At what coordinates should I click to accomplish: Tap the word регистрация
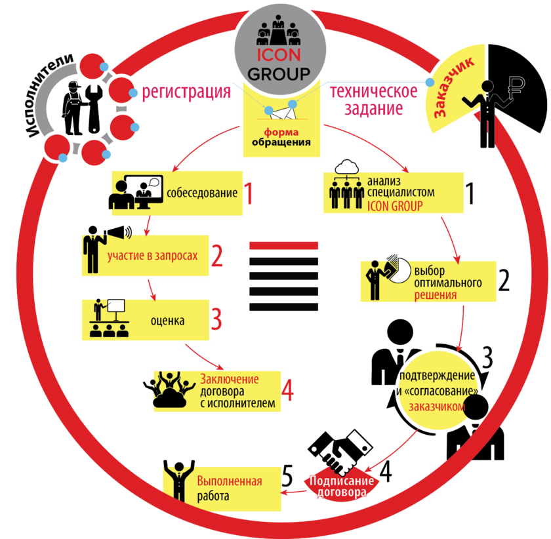click(x=187, y=92)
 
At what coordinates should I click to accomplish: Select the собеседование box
click(x=177, y=193)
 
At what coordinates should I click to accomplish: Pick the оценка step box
click(x=144, y=318)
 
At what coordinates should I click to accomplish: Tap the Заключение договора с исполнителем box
click(x=216, y=389)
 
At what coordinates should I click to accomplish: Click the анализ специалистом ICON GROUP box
click(x=392, y=191)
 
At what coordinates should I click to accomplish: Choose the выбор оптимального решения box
click(x=426, y=281)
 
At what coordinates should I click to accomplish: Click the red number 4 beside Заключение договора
click(x=288, y=389)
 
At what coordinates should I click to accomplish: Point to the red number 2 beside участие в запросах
click(x=218, y=256)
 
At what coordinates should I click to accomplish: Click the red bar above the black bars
click(x=284, y=245)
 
